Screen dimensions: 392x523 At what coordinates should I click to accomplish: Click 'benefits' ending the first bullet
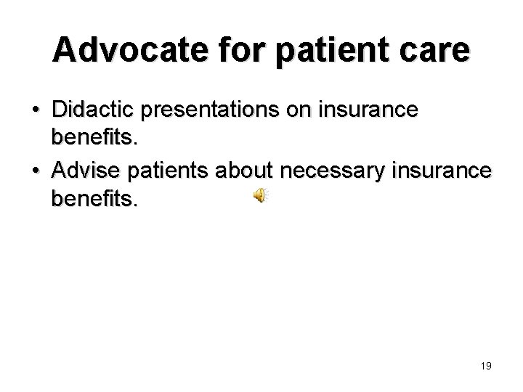coord(92,139)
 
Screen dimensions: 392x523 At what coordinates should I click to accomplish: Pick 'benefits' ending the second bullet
coord(92,199)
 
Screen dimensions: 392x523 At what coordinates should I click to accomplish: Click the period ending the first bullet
coord(134,144)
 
